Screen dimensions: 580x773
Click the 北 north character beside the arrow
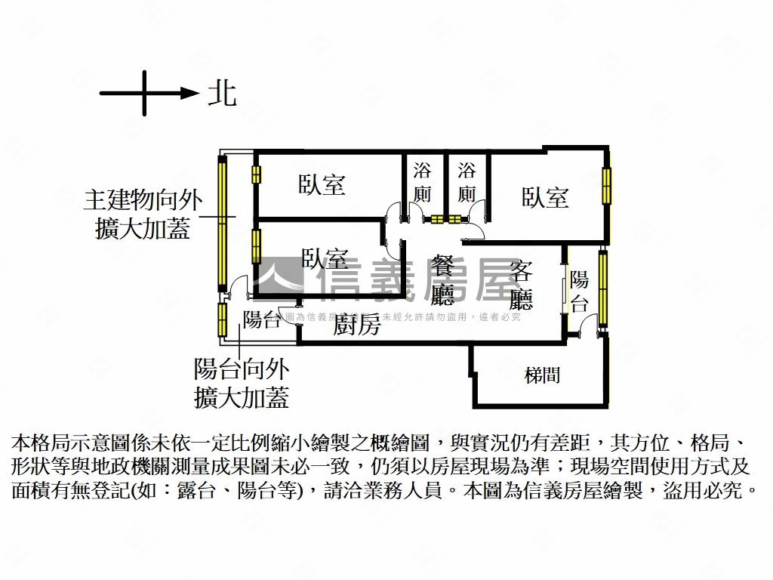(x=222, y=94)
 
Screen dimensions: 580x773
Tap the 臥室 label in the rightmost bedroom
(x=545, y=198)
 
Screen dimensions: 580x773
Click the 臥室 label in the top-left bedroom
(x=322, y=184)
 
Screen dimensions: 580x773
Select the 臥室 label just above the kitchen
(x=325, y=259)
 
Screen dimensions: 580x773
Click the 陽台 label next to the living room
(x=579, y=292)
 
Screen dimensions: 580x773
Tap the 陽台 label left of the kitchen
(x=261, y=319)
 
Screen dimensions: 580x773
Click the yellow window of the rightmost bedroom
(x=606, y=185)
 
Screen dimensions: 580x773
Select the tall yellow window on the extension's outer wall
(x=222, y=223)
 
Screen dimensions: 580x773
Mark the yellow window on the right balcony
(x=602, y=287)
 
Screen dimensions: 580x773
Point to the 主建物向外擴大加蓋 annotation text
(x=143, y=214)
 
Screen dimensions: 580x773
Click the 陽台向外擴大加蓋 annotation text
(x=241, y=383)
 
